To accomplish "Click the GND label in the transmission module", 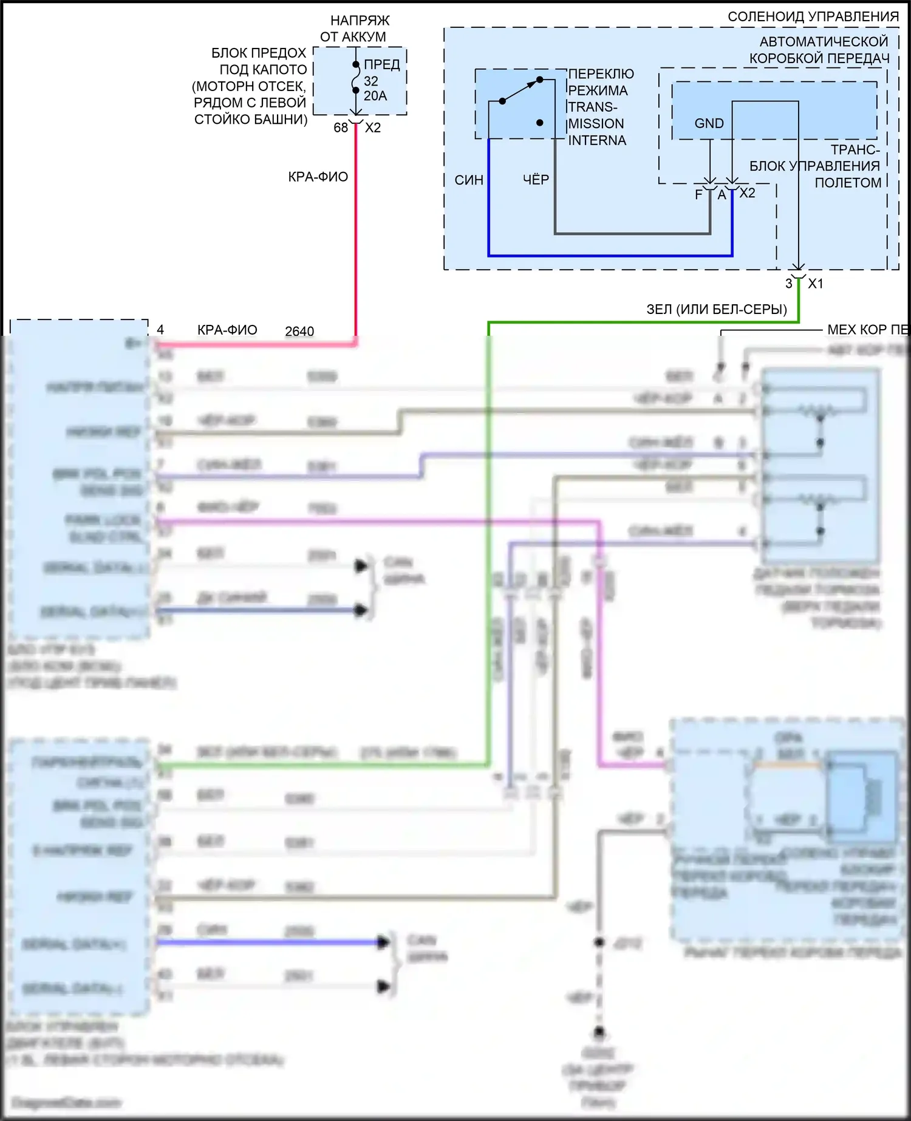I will coord(709,123).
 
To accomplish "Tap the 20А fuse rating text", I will coord(375,96).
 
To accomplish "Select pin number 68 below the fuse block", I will coord(341,128).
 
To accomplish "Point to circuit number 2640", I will coord(299,332).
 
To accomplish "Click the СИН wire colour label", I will coord(469,180).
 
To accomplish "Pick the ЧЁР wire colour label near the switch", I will coord(536,180).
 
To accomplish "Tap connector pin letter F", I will coord(699,194).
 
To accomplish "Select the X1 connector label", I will coord(816,284).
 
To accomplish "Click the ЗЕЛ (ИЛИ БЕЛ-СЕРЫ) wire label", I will coord(716,309).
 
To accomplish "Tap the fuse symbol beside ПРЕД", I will coord(356,78).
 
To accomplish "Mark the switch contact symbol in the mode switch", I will coord(521,90).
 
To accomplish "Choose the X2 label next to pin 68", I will coord(373,128).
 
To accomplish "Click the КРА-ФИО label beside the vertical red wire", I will coord(318,177).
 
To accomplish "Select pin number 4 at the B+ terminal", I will coord(160,330).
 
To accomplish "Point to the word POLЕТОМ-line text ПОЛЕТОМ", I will coord(848,183).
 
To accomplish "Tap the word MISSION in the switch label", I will coord(596,124).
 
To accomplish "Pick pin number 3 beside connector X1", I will coord(788,284).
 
